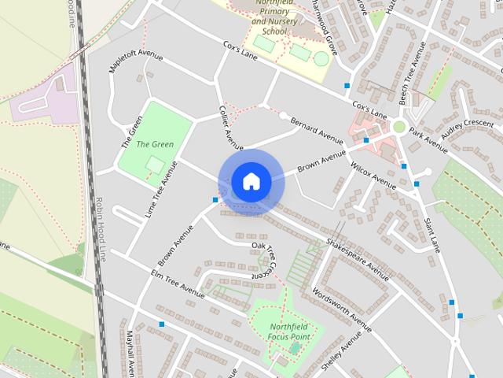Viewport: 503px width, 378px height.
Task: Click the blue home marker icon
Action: click(x=251, y=182)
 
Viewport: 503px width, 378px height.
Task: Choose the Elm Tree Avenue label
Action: click(x=178, y=284)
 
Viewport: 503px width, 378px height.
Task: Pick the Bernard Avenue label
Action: click(x=317, y=131)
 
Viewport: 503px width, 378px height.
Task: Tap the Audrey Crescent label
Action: click(x=468, y=124)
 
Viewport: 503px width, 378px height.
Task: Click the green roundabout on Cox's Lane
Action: click(x=399, y=126)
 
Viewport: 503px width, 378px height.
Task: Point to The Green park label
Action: click(x=155, y=144)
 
